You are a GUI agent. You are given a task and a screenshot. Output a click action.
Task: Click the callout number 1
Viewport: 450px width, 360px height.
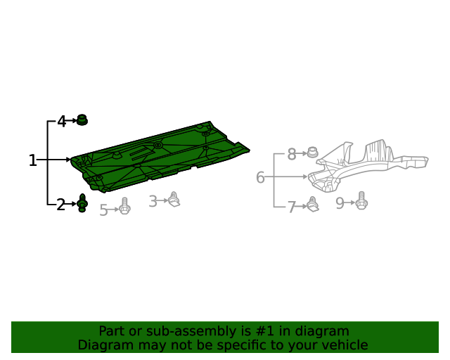(x=33, y=160)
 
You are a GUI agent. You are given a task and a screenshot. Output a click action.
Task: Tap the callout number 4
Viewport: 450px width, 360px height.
(x=62, y=121)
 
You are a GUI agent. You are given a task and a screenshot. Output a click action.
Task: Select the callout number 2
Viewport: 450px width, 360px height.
(x=60, y=205)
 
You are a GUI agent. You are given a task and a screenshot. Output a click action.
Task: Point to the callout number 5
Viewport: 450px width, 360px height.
(x=103, y=210)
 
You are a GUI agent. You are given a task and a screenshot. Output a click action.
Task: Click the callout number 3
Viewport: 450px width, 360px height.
(x=153, y=201)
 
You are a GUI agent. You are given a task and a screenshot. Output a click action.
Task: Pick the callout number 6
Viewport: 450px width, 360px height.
(x=260, y=177)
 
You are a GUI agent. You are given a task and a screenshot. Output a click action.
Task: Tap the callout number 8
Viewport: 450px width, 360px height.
(x=292, y=154)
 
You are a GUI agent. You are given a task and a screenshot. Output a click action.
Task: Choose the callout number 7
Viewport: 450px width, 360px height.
(x=292, y=207)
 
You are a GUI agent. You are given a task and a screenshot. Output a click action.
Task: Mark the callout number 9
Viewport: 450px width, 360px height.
(x=340, y=203)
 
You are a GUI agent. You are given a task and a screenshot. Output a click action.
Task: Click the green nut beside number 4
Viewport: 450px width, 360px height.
(x=82, y=120)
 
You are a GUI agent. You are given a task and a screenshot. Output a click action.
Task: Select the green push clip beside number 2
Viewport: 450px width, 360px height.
(x=82, y=203)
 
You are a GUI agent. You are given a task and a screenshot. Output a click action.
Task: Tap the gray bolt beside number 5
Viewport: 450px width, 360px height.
(x=124, y=206)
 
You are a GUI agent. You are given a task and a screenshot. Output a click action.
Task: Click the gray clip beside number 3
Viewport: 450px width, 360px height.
(x=174, y=199)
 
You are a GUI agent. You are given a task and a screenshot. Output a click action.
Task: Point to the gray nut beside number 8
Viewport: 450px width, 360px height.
(x=312, y=152)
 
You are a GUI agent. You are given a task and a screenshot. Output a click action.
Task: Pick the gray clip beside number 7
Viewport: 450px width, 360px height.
(x=312, y=205)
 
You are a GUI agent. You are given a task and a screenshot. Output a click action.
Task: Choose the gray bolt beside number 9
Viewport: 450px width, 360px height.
(x=361, y=200)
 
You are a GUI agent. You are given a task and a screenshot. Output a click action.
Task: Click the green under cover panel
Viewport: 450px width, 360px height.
(x=160, y=157)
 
